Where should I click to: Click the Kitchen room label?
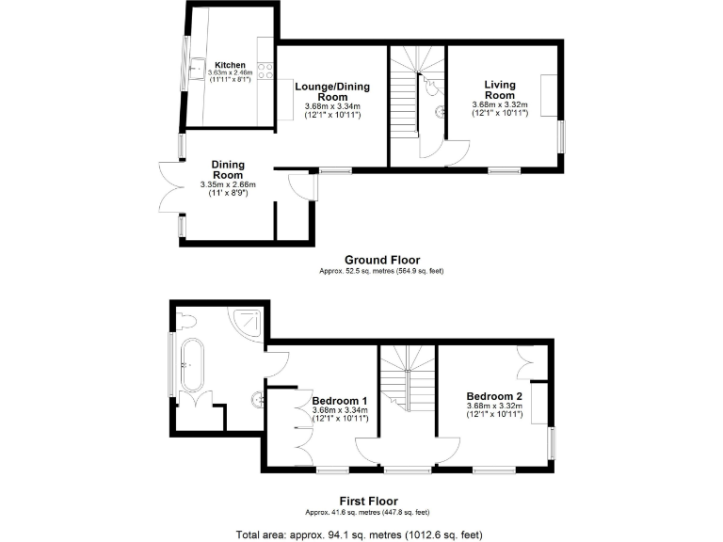pyautogui.click(x=230, y=65)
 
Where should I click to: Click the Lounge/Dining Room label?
pyautogui.click(x=332, y=92)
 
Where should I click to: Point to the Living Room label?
pyautogui.click(x=500, y=89)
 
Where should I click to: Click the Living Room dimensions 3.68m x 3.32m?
pyautogui.click(x=500, y=104)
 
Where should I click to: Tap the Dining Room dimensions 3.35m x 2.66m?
pyautogui.click(x=227, y=184)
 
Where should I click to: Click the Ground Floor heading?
pyautogui.click(x=381, y=261)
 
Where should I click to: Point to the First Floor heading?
pyautogui.click(x=368, y=501)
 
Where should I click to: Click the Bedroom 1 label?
pyautogui.click(x=340, y=400)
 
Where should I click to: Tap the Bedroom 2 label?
pyautogui.click(x=494, y=396)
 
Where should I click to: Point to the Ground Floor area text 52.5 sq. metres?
pyautogui.click(x=381, y=272)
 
